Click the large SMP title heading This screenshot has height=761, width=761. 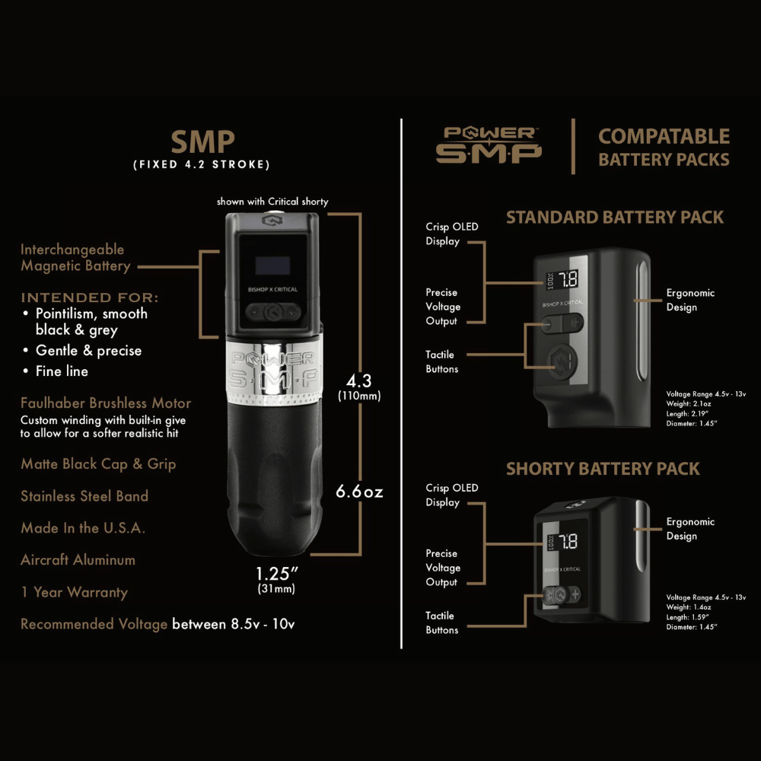202,142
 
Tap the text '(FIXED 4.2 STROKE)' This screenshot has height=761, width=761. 202,164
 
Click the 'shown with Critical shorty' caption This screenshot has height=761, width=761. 272,202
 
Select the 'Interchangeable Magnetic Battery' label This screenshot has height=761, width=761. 75,258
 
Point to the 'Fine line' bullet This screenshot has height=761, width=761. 62,371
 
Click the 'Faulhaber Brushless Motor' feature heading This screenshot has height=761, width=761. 106,403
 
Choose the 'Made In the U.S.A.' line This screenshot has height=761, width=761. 83,528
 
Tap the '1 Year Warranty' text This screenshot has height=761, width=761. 74,592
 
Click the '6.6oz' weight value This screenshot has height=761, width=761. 359,492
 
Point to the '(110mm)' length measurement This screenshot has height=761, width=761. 359,396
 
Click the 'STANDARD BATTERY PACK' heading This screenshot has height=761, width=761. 615,218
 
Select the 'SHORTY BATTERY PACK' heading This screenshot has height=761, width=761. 603,469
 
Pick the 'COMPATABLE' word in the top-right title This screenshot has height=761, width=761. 664,137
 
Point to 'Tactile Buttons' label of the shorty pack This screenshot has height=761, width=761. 441,622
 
